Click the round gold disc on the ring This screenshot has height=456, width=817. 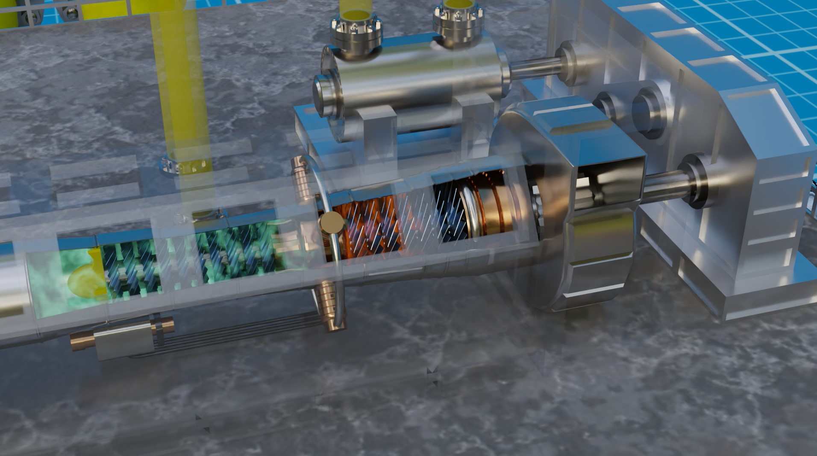332,222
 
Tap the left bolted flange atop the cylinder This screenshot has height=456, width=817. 356,34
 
